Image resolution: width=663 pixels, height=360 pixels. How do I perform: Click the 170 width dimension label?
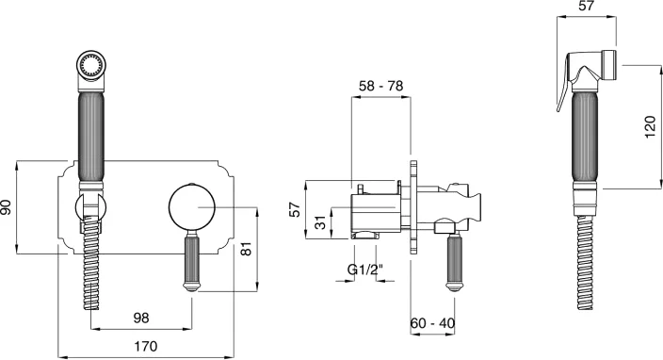(x=145, y=346)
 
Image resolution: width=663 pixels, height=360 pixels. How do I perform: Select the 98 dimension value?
(x=141, y=318)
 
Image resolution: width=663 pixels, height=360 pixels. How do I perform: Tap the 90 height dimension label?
(x=7, y=207)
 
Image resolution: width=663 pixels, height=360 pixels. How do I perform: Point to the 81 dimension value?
(x=248, y=249)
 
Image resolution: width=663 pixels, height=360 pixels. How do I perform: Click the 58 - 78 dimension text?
(x=381, y=86)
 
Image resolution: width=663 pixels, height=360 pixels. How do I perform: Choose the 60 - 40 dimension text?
(x=432, y=323)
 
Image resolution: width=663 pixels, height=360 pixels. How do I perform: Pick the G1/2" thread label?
(x=365, y=269)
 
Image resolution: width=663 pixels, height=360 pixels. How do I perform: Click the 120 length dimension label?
(x=651, y=127)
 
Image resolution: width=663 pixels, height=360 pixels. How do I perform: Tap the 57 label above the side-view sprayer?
(x=586, y=6)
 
